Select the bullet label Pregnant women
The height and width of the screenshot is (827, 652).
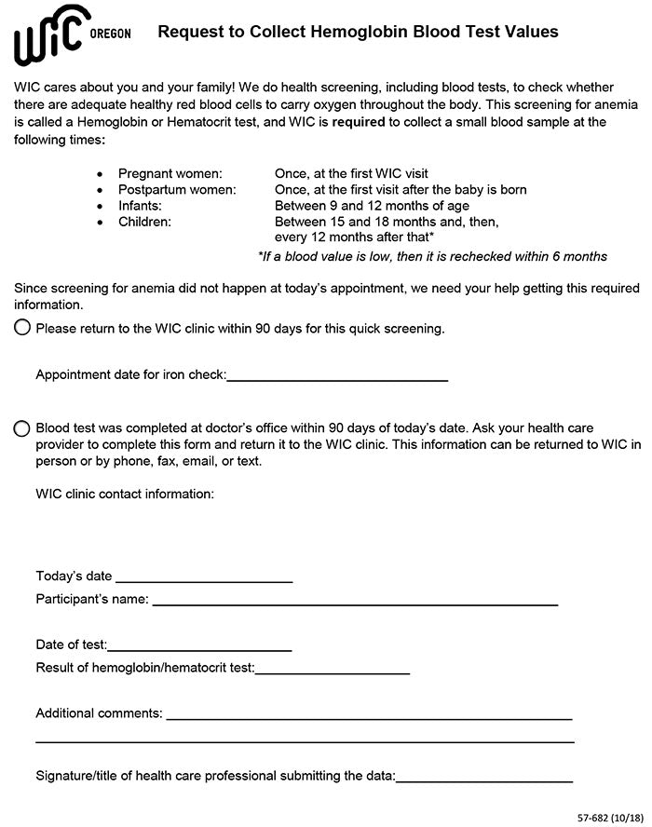(x=170, y=173)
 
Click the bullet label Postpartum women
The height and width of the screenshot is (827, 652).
(x=177, y=189)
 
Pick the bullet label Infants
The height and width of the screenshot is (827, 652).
(x=140, y=205)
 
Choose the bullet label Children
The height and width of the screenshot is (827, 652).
(x=144, y=222)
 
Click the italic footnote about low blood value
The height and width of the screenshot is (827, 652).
(x=432, y=256)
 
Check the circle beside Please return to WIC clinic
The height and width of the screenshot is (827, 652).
(x=22, y=328)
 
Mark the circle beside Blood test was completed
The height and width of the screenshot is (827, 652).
(x=22, y=428)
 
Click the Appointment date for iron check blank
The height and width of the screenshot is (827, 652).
(x=337, y=378)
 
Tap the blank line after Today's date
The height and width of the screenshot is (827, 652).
(x=204, y=579)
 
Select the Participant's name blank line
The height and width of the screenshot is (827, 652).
(x=355, y=603)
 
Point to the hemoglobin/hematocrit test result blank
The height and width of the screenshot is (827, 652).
(x=333, y=671)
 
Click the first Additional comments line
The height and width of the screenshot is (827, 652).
(x=369, y=717)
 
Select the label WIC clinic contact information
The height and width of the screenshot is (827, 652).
(x=125, y=494)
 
